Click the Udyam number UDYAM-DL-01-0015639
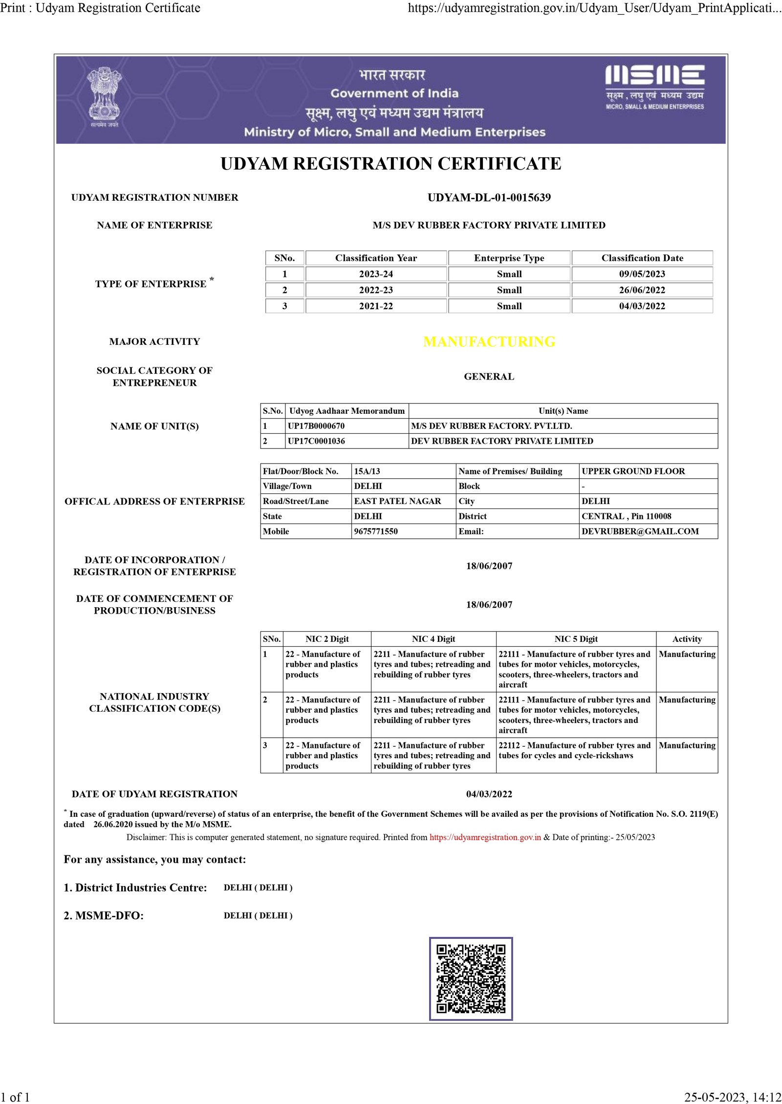click(x=489, y=197)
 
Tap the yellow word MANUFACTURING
click(x=489, y=341)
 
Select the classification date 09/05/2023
click(x=642, y=274)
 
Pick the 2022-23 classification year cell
click(x=376, y=290)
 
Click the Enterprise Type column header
click(x=509, y=258)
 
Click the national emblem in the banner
click(x=104, y=96)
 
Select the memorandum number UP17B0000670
click(x=316, y=426)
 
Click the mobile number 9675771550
click(x=376, y=531)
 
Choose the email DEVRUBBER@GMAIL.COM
click(x=640, y=531)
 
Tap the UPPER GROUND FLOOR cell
click(x=633, y=471)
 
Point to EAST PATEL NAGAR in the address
click(x=397, y=501)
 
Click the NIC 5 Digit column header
click(x=576, y=639)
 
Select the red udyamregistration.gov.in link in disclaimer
click(x=485, y=837)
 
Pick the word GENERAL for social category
click(x=489, y=377)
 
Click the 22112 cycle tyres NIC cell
click(x=575, y=751)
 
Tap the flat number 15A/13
click(x=367, y=471)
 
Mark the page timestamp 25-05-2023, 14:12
click(x=732, y=1097)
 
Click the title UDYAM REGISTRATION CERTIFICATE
click(x=391, y=164)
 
